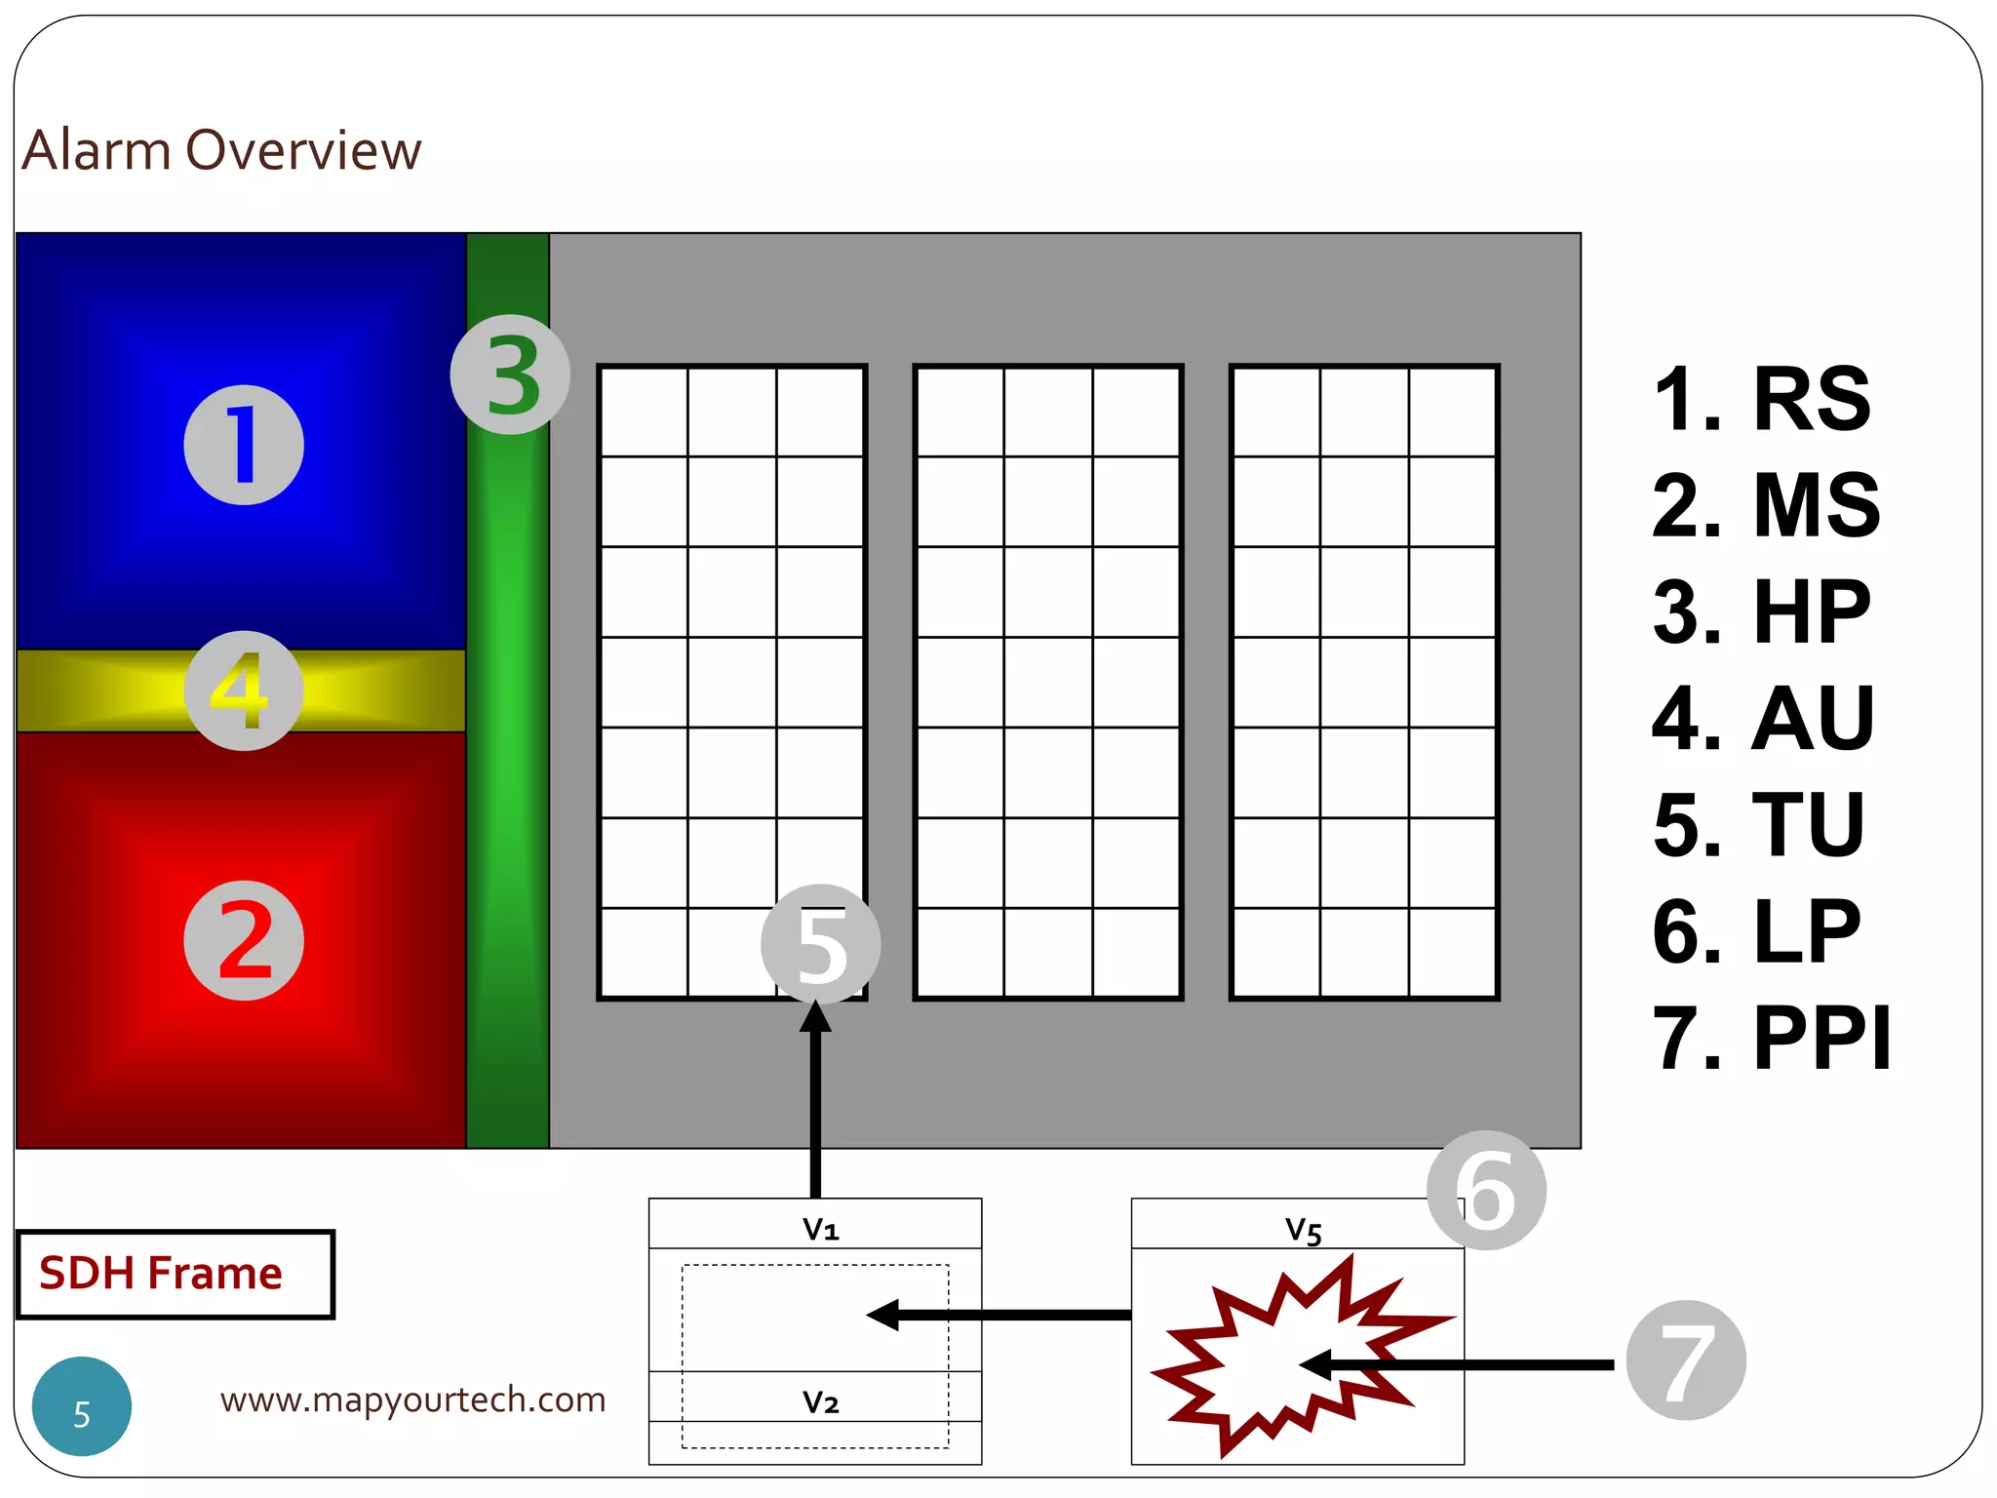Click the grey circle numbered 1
[244, 445]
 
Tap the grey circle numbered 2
[244, 940]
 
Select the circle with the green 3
[510, 374]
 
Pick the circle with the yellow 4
[244, 690]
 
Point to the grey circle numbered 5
[820, 944]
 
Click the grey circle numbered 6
[1486, 1190]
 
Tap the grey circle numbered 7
[1686, 1360]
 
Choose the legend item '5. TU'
[1759, 824]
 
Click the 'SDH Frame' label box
[176, 1274]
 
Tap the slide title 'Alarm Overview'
[221, 150]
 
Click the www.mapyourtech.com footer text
[412, 1399]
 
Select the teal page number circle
[82, 1406]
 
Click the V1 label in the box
[820, 1229]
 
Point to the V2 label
[820, 1402]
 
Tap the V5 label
[1303, 1230]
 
